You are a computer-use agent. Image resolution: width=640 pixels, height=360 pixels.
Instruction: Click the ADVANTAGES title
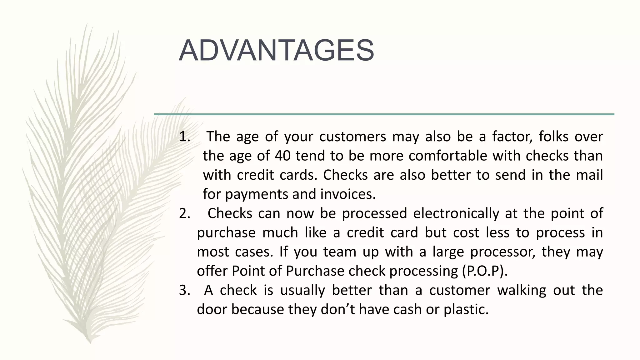[x=276, y=51]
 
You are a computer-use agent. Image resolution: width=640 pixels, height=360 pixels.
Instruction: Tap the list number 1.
[x=184, y=137]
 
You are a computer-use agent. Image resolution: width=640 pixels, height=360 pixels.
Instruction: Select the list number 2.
[x=184, y=214]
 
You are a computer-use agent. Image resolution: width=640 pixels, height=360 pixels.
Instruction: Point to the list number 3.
[x=184, y=291]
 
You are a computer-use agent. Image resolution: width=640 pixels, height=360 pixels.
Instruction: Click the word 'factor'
[x=512, y=137]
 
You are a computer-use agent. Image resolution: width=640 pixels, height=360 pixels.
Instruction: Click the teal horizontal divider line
[x=384, y=114]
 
